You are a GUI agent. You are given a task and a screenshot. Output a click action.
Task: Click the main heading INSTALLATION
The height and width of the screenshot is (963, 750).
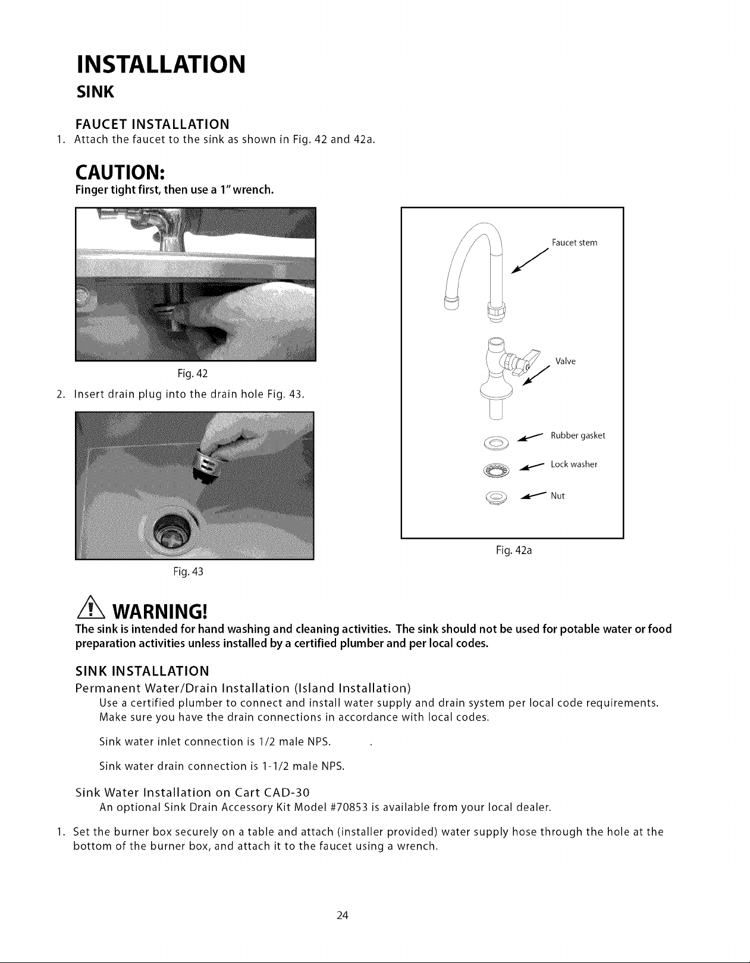coord(161,64)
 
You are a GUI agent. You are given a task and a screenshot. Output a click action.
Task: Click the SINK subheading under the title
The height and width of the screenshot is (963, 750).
coord(95,92)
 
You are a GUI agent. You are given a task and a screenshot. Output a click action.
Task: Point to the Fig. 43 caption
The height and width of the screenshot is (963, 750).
coord(188,572)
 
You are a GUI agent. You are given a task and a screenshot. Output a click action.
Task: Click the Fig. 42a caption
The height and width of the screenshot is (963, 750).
coord(514,550)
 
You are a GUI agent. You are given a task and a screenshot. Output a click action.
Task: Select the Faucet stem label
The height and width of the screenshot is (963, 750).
coord(575,242)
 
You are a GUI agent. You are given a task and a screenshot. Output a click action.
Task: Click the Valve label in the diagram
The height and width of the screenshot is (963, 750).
coord(566,361)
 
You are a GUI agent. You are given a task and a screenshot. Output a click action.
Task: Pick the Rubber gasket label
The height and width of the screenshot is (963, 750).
coord(578,435)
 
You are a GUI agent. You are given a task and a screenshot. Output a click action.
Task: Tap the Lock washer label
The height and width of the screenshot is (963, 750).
coord(574,465)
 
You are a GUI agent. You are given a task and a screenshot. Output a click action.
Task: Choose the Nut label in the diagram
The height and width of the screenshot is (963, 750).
coord(557,496)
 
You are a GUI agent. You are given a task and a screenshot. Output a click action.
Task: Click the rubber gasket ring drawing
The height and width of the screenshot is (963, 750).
coord(497,443)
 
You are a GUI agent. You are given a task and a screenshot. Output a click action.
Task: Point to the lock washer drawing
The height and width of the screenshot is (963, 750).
coord(497,471)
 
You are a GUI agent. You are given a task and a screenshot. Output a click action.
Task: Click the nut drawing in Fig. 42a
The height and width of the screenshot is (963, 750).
coord(497,498)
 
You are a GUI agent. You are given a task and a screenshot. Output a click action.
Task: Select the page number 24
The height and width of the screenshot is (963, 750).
coord(343,915)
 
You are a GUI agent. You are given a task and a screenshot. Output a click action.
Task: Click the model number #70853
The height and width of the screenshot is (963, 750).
coord(350,807)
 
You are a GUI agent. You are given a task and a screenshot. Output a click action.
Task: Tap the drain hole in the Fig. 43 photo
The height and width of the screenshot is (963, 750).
coord(173,529)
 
